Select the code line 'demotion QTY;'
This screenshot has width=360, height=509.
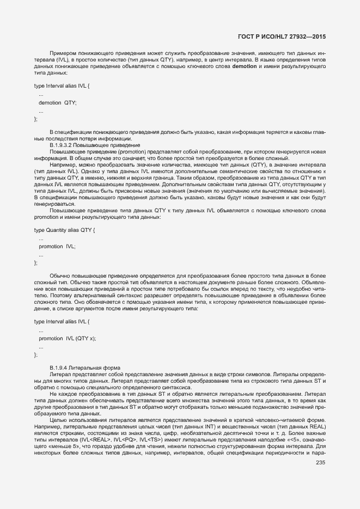click(57, 102)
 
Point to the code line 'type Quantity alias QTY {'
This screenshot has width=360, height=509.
click(64, 231)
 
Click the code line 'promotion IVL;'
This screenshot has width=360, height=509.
click(57, 247)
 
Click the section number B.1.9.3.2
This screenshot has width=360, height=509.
click(64, 145)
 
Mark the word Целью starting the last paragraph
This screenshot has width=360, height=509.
click(59, 420)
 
